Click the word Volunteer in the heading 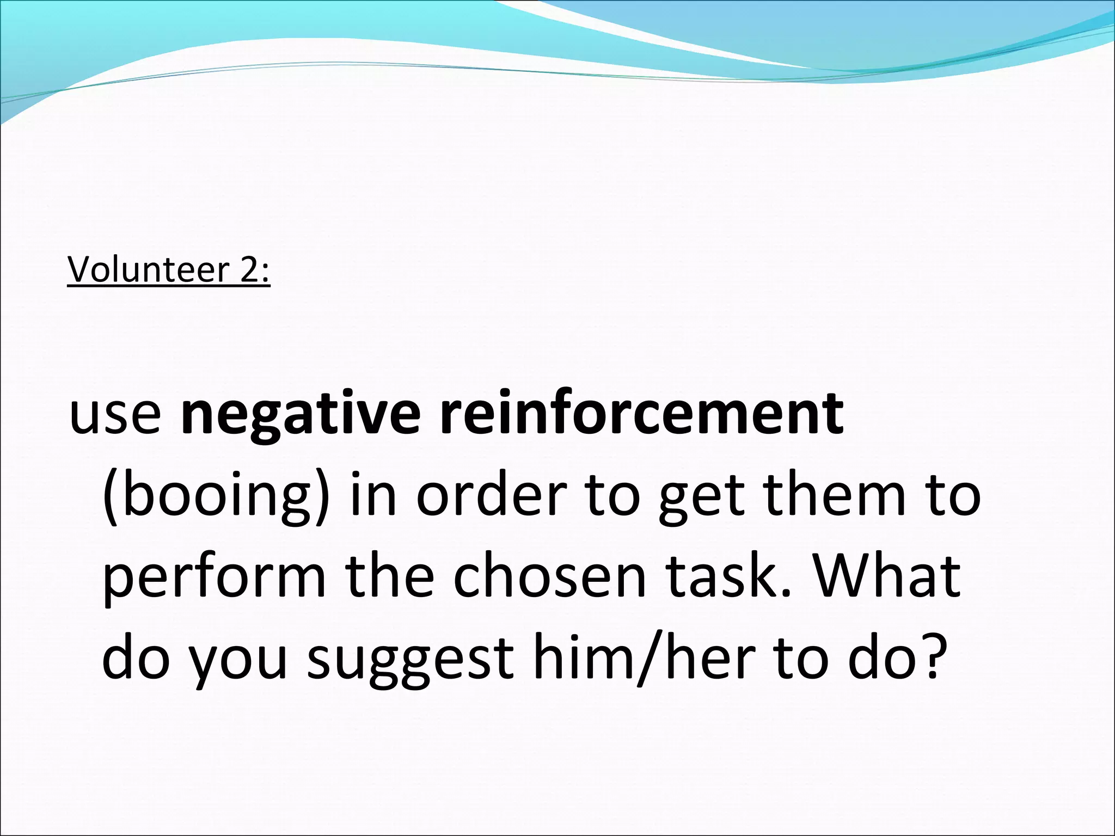pos(146,269)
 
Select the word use pos(115,416)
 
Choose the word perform pos(214,579)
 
